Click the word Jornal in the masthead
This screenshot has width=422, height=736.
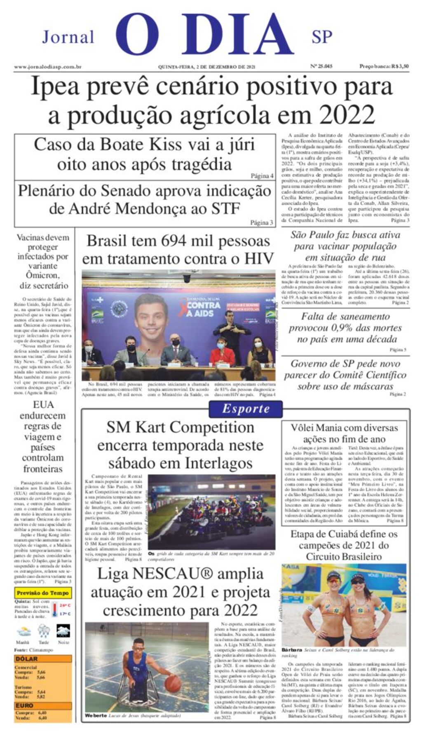click(x=68, y=37)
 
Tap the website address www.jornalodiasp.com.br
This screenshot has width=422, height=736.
click(x=47, y=67)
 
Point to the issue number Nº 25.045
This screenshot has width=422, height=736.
click(x=321, y=66)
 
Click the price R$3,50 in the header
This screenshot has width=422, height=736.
click(x=400, y=66)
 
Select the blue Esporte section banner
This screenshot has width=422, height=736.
click(x=246, y=409)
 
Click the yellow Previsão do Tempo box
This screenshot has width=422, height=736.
click(x=42, y=593)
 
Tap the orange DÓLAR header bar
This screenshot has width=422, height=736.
click(x=42, y=659)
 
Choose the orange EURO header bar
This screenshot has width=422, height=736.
click(x=42, y=706)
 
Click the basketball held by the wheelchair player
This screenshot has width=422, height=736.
click(x=173, y=684)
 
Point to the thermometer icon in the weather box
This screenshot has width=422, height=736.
click(x=54, y=609)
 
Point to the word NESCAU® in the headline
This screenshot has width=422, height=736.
click(x=166, y=574)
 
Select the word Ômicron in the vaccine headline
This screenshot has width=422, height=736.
click(x=42, y=275)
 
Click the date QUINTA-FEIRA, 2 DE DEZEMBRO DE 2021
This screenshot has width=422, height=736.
click(x=207, y=67)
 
